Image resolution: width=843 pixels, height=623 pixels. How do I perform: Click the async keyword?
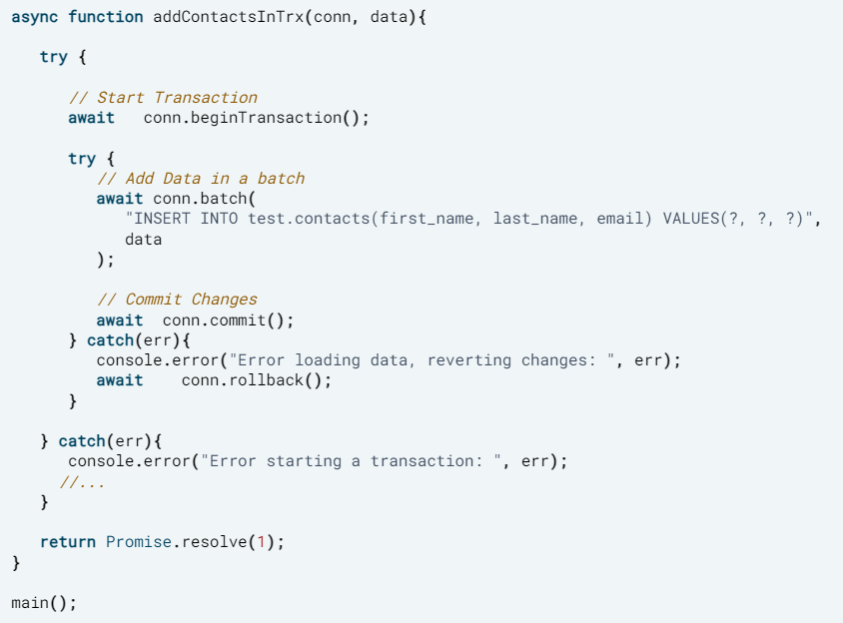[x=34, y=17]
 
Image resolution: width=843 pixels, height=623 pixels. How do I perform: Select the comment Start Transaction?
[x=163, y=98]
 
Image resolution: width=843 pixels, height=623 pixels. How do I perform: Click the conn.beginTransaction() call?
[x=257, y=118]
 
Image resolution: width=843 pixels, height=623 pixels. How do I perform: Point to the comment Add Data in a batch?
[x=201, y=179]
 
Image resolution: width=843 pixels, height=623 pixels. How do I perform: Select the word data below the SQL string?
[x=143, y=240]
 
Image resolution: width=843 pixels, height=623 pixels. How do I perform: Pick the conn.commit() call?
[x=229, y=320]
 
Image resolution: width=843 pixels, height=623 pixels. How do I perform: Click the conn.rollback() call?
[x=256, y=380]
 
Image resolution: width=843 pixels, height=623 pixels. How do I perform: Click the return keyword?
[x=68, y=542]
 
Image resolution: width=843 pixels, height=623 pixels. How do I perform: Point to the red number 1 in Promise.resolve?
[x=262, y=542]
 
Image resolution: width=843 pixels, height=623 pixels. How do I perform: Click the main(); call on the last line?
[x=43, y=603]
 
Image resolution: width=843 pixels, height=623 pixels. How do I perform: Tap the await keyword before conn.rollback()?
[x=119, y=380]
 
